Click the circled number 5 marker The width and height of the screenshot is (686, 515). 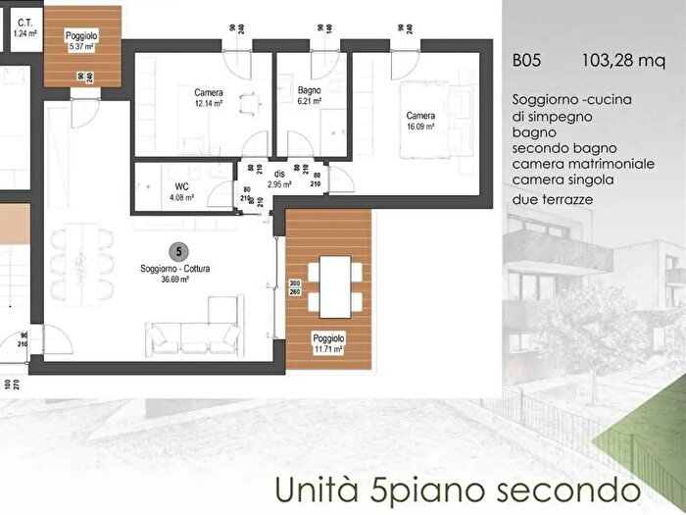click(176, 251)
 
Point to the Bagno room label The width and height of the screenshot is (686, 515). click(310, 91)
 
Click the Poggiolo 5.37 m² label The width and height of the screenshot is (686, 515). click(80, 40)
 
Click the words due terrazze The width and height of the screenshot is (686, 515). click(555, 200)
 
